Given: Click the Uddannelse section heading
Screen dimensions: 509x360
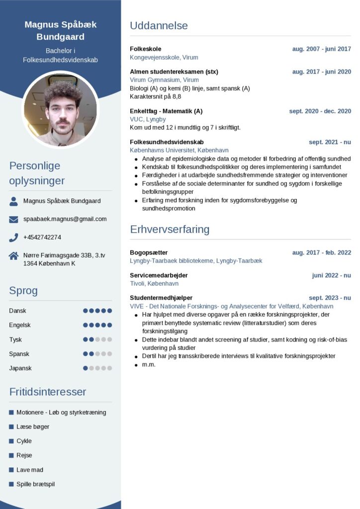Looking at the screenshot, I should (159, 26).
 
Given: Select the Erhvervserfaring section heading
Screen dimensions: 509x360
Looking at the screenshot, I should (170, 229).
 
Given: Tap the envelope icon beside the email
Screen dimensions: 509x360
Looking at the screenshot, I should (13, 219).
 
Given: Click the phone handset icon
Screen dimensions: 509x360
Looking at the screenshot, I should (13, 237).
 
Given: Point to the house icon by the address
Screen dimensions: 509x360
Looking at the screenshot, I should (13, 255).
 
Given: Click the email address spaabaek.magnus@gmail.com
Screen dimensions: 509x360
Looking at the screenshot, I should (65, 219).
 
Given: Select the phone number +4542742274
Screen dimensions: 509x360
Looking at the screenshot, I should (42, 237).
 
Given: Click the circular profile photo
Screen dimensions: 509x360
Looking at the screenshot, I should (60, 108).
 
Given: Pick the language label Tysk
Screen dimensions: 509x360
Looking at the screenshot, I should (16, 339).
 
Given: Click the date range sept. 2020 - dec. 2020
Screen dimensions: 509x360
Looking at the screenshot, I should (320, 111).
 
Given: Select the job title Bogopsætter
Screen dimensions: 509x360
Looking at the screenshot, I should (149, 253).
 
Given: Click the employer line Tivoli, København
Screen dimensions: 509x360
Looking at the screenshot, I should (154, 283).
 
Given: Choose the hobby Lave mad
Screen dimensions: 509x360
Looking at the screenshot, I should (30, 470).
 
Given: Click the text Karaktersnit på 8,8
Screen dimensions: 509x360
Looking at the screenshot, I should (156, 96).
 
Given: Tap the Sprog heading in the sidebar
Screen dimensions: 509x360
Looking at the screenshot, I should (23, 291).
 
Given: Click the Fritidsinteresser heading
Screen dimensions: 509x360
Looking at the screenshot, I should (48, 392).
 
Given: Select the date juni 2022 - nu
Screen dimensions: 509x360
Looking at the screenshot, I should (331, 275).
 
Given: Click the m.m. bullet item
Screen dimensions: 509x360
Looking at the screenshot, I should (149, 364).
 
